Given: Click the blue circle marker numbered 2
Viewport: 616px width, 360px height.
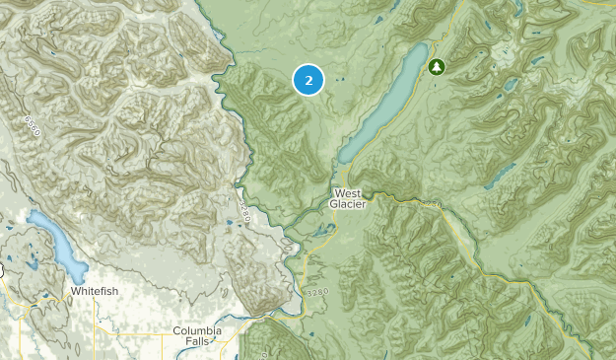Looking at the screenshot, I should pos(308,80).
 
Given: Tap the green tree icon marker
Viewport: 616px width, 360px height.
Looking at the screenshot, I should pos(437,66).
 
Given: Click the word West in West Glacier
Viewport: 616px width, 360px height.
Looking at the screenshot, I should pos(348,192).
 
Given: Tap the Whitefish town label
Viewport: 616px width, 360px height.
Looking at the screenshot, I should pos(96,291).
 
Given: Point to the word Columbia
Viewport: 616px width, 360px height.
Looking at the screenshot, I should pos(197,330).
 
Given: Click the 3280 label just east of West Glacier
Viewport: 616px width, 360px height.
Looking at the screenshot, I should pos(431,204).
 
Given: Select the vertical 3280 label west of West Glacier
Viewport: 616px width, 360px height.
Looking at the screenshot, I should pos(243,210).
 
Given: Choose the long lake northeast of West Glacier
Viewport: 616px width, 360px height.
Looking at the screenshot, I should pos(384,105).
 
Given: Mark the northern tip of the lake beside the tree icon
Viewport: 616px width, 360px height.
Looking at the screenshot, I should pos(423,45).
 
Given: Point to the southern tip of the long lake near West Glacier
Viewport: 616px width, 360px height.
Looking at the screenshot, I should pos(343,160).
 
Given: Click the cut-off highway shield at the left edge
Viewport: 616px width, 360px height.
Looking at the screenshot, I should pos(3,269).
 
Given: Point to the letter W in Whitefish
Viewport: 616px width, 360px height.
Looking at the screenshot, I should pos(75,291).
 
